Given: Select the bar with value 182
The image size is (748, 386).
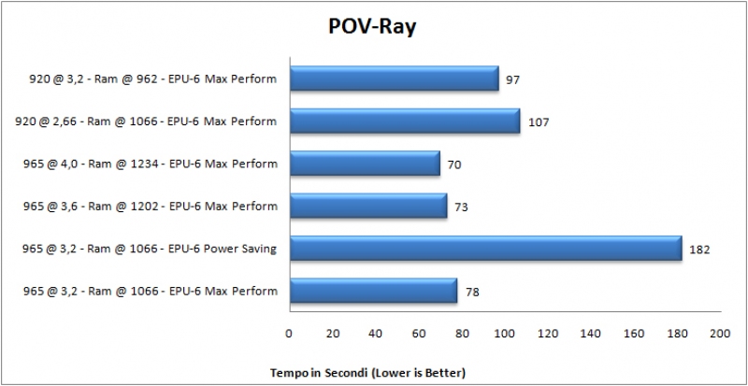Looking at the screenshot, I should point(485,249).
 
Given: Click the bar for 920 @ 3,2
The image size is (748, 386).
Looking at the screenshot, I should point(394,79).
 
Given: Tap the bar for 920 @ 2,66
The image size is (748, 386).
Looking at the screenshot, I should point(404,122).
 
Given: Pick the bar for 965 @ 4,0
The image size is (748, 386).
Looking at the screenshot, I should point(364,164).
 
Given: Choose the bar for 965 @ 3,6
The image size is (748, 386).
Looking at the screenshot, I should point(367,206).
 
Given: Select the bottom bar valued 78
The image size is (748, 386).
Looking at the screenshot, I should point(372,291).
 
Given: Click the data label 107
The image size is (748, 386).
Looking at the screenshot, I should point(539,122).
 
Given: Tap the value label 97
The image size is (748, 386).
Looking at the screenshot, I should point(512,79).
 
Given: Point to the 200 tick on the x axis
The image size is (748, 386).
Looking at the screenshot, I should point(720,333).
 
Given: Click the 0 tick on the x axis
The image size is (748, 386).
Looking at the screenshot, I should point(289,333).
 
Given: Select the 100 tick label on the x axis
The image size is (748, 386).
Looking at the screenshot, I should point(504,333).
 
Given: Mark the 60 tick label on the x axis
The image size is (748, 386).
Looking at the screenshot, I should point(418,333).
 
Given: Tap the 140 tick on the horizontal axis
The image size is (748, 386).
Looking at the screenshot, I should point(591,333).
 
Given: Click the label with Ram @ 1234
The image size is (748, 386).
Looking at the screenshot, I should point(151,164).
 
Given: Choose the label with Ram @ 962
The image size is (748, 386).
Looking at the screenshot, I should point(152,79).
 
